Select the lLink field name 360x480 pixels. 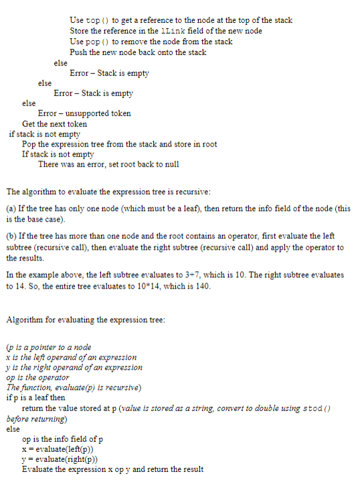pos(163,31)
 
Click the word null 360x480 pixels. pos(170,165)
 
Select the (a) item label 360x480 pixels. pos(11,209)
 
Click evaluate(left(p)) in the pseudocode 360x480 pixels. pos(62,449)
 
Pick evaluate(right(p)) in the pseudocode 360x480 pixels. pos(64,459)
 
